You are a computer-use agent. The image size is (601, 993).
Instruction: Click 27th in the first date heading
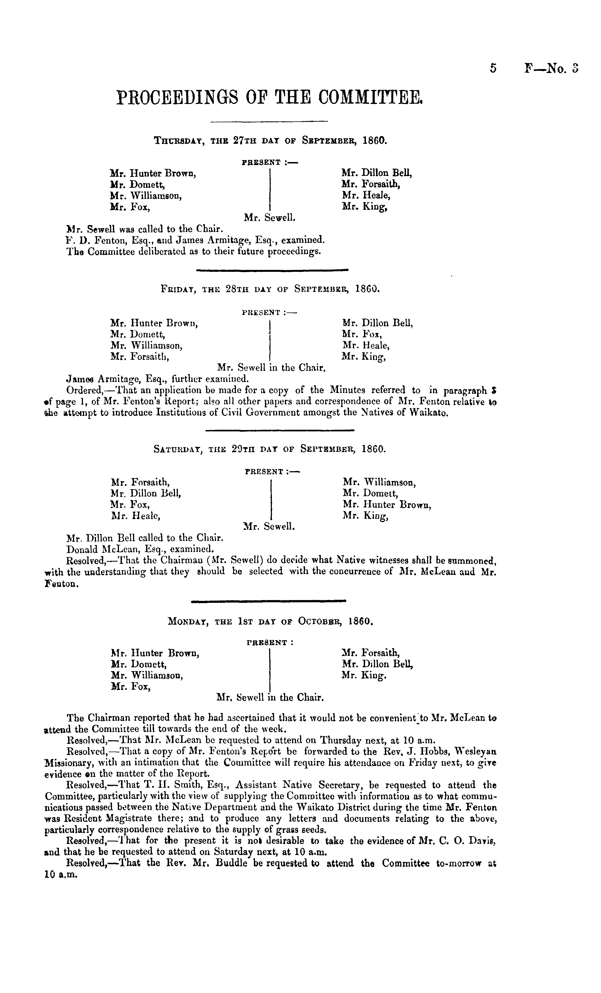click(x=245, y=141)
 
